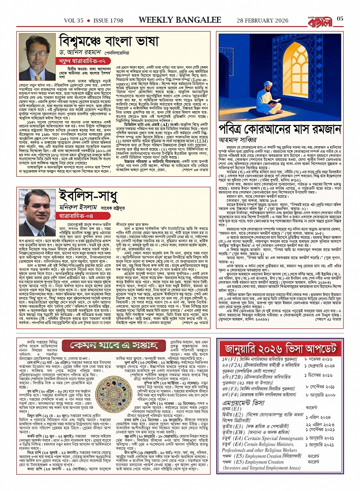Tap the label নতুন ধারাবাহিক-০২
click(78, 61)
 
